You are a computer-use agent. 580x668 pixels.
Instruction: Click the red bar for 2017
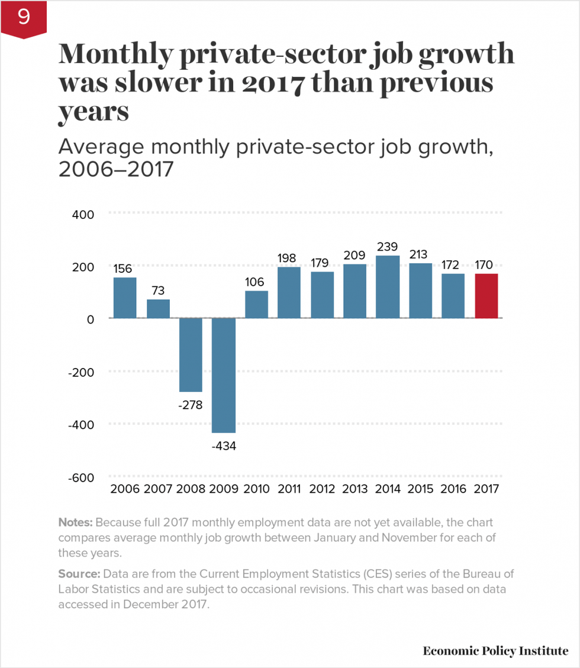click(x=486, y=296)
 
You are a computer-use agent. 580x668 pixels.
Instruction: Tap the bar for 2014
click(x=388, y=287)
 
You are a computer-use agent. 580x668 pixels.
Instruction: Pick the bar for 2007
click(x=158, y=309)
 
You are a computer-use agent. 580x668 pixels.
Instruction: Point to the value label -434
click(x=224, y=446)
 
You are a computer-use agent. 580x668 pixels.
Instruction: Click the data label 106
click(x=256, y=282)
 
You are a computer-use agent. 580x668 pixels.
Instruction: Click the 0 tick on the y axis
click(x=91, y=320)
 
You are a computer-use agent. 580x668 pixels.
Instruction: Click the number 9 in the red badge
click(x=24, y=17)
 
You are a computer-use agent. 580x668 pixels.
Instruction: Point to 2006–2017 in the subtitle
click(x=116, y=169)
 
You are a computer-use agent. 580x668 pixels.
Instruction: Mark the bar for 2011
click(x=289, y=293)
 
